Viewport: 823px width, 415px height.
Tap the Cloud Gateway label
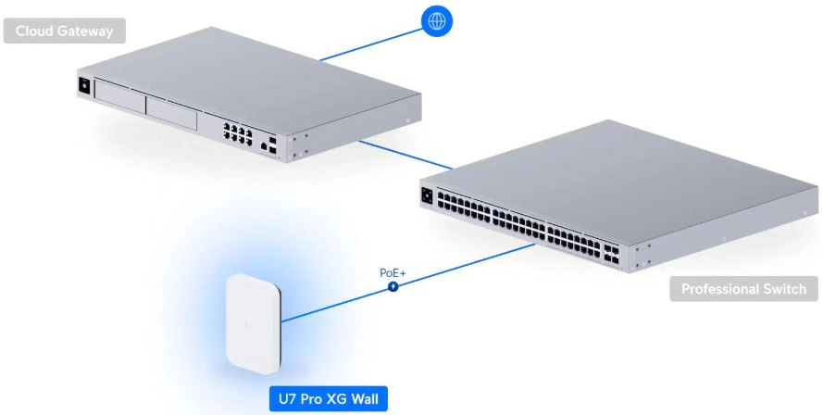pyautogui.click(x=64, y=31)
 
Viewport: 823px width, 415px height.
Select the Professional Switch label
pyautogui.click(x=743, y=289)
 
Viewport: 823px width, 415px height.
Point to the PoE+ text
pyautogui.click(x=393, y=273)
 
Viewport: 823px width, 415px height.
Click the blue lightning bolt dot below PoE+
pyautogui.click(x=393, y=287)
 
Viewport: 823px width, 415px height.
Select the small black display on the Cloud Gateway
pyautogui.click(x=84, y=86)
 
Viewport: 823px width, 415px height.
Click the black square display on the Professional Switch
pyautogui.click(x=427, y=196)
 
